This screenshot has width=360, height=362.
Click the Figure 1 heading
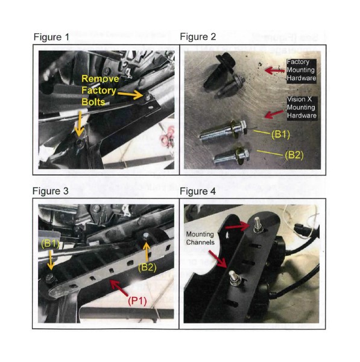pyautogui.click(x=51, y=37)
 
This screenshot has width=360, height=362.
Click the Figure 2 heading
pyautogui.click(x=198, y=37)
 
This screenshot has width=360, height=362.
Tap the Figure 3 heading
pyautogui.click(x=51, y=191)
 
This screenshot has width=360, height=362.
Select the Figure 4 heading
pyautogui.click(x=198, y=191)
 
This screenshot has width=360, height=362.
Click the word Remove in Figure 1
pyautogui.click(x=100, y=78)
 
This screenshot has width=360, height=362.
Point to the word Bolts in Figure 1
pyautogui.click(x=93, y=102)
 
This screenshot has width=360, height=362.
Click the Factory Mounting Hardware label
pyautogui.click(x=301, y=70)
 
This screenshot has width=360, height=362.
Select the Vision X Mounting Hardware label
pyautogui.click(x=302, y=107)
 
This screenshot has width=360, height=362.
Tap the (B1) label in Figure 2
pyautogui.click(x=280, y=135)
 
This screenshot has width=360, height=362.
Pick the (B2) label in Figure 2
pyautogui.click(x=294, y=155)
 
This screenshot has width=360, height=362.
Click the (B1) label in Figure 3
pyautogui.click(x=50, y=244)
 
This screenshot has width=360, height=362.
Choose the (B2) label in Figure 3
pyautogui.click(x=147, y=267)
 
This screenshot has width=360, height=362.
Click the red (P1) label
pyautogui.click(x=137, y=301)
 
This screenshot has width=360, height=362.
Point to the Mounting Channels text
pyautogui.click(x=200, y=238)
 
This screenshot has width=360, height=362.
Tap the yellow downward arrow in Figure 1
pyautogui.click(x=79, y=124)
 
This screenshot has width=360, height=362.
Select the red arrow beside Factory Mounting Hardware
pyautogui.click(x=274, y=70)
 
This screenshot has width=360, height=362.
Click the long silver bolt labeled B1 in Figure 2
pyautogui.click(x=223, y=132)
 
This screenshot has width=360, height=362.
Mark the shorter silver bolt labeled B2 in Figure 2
pyautogui.click(x=231, y=156)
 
